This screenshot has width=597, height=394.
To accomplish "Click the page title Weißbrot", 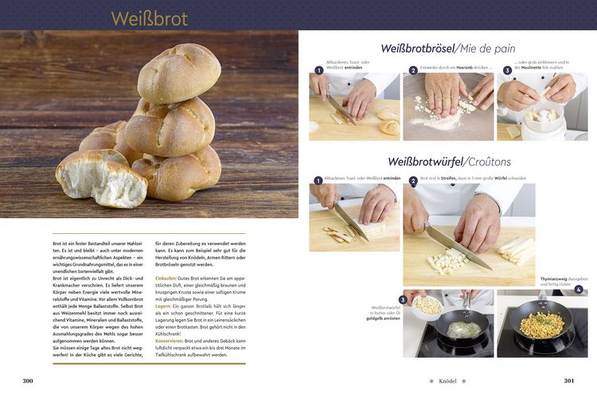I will coord(149,18).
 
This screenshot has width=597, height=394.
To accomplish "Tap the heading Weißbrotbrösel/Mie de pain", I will coord(447,49).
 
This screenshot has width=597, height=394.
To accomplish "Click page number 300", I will coord(28,380).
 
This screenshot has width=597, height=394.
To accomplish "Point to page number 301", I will coord(568,380).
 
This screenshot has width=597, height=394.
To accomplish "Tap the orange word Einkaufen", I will coord(166,278).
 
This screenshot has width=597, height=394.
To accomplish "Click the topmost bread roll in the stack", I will coord(179,73).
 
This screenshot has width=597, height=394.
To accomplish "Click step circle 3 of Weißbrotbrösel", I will coord(506,70).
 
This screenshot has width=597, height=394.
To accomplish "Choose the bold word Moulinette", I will coord(533,68).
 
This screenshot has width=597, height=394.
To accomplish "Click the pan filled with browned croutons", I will coord(542,325).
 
